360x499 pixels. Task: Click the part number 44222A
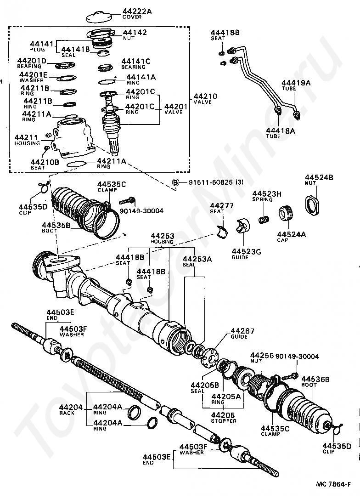click(137, 11)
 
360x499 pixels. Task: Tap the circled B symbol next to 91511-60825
click(175, 182)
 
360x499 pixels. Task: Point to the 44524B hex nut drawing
click(312, 204)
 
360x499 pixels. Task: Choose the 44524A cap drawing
click(286, 213)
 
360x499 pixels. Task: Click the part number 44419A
click(296, 83)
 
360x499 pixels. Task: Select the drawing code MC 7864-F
click(333, 484)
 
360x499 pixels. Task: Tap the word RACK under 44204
click(67, 413)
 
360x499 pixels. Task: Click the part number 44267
click(242, 331)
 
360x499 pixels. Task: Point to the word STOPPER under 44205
click(224, 421)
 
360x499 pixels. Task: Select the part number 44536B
click(315, 379)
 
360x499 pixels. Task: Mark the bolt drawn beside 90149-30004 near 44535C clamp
click(127, 201)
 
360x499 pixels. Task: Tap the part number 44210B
click(45, 162)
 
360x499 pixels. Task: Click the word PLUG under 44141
click(38, 50)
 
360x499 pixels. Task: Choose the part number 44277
click(222, 205)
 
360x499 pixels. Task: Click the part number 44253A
click(197, 259)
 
